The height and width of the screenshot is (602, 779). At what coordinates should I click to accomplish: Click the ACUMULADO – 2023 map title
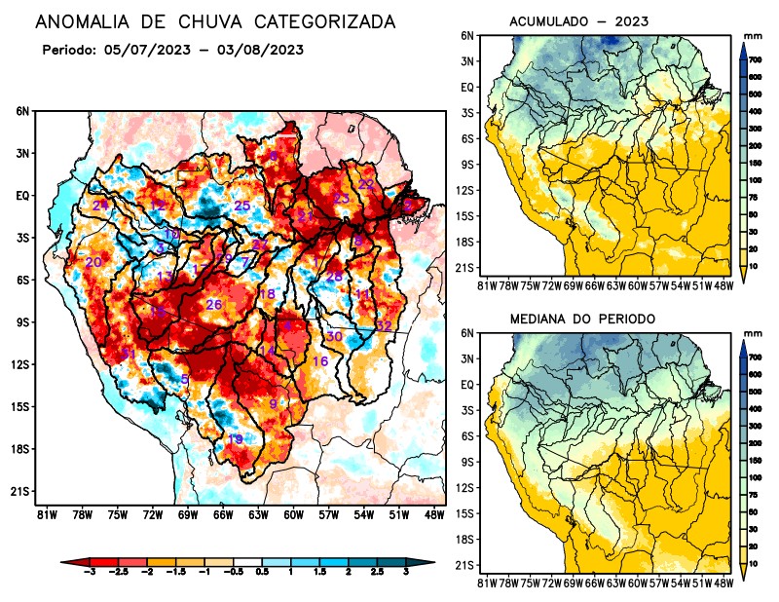[578, 20]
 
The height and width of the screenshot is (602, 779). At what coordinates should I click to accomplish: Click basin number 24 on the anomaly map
[100, 205]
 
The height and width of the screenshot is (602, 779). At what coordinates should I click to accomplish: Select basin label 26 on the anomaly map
[214, 305]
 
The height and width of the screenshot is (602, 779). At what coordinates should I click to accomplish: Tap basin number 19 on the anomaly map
[235, 439]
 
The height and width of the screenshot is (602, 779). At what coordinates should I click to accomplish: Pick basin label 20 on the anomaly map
[93, 262]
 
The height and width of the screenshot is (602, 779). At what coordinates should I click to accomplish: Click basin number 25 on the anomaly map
[242, 206]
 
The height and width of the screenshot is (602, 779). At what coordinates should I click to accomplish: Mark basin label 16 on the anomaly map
[319, 361]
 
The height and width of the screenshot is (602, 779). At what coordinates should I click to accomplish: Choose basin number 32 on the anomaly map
[384, 325]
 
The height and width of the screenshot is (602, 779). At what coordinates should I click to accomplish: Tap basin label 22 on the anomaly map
[366, 184]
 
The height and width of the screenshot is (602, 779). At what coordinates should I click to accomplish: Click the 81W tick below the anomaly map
[45, 513]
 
